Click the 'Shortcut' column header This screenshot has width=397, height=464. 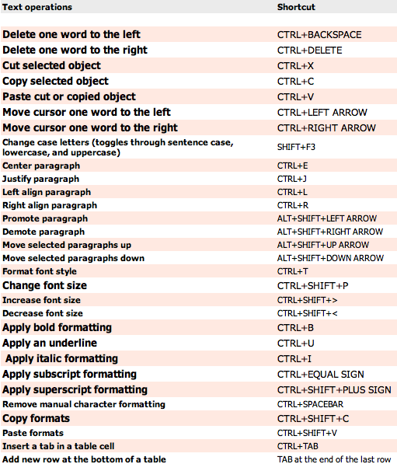(297, 7)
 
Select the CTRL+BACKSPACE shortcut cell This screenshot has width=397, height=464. (319, 35)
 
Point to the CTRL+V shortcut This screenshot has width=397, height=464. (295, 97)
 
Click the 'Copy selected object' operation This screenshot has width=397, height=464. (56, 82)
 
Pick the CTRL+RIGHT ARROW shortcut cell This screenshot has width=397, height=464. (326, 128)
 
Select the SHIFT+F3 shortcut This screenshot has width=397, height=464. (297, 147)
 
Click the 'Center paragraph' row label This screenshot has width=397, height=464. (41, 166)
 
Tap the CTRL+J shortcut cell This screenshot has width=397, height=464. (293, 179)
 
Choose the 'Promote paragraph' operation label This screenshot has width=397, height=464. (44, 218)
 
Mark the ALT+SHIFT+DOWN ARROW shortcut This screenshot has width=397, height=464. (330, 258)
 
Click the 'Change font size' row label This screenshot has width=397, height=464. (45, 286)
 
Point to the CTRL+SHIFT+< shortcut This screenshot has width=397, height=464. (308, 314)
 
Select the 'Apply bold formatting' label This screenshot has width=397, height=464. (57, 327)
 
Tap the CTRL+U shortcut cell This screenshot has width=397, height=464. (294, 344)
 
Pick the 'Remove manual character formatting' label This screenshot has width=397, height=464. (84, 404)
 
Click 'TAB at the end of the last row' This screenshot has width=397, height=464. (335, 459)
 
